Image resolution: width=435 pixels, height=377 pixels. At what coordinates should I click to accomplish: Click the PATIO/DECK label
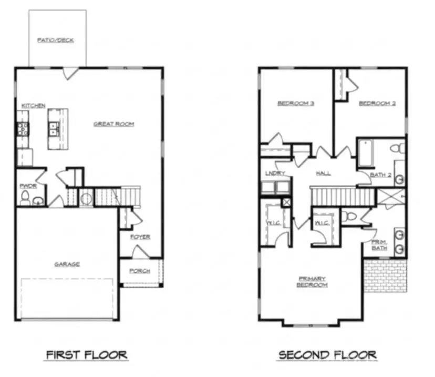coord(55,40)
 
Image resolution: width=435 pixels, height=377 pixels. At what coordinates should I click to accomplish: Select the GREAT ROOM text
coord(113,124)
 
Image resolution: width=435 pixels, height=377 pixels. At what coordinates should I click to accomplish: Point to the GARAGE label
coord(67,264)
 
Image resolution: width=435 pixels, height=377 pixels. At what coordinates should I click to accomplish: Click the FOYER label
coord(140,237)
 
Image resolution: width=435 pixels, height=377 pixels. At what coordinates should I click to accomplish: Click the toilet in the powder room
coord(24,198)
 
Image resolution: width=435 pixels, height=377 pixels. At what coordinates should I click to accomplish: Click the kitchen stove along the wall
coord(23,129)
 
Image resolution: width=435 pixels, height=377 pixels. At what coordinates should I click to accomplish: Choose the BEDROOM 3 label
coord(296,103)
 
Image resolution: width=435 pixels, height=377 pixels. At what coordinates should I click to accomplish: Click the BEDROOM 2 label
coord(377,103)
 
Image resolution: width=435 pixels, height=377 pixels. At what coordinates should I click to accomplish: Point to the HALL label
coord(323,173)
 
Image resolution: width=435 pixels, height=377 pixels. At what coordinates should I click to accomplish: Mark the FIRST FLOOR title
coord(86,355)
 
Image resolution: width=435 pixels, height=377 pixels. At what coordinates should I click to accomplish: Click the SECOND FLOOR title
coord(327,355)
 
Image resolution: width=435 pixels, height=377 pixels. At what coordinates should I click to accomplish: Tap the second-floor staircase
coord(341,197)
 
